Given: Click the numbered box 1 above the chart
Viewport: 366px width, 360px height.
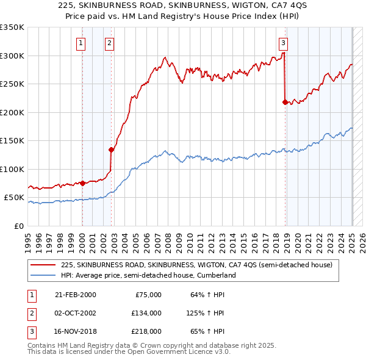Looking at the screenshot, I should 81,43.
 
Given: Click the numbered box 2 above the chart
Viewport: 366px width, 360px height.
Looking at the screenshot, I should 109,43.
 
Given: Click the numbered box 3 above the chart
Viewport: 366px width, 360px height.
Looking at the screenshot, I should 284,43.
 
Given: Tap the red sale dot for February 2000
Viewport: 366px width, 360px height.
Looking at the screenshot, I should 82,183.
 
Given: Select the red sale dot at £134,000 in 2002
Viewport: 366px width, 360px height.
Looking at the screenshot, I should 111,149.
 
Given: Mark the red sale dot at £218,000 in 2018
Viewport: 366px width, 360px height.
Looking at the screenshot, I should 285,102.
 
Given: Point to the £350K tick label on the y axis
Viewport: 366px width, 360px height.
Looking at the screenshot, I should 12,27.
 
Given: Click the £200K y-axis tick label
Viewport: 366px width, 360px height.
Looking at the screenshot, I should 12,112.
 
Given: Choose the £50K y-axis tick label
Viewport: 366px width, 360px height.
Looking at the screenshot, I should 14,198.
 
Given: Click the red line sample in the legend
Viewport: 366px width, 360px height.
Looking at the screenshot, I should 44,265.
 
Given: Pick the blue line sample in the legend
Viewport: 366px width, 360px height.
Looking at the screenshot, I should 44,276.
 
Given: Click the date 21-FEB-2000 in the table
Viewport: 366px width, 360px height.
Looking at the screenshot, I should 75,295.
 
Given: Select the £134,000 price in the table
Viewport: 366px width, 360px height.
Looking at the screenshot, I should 146,313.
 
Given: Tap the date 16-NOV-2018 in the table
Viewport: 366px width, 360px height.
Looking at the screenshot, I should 75,331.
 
